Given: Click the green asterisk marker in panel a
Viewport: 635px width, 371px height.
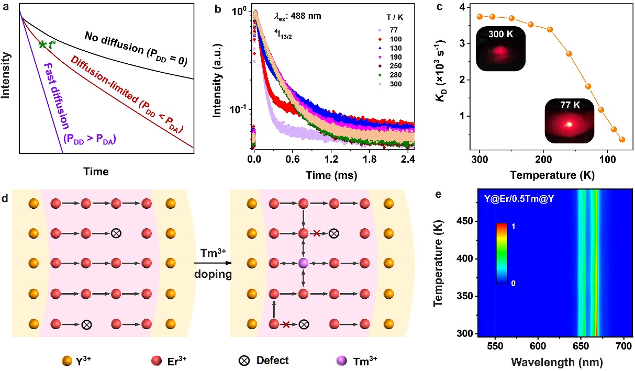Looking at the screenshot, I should click(42, 44).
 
